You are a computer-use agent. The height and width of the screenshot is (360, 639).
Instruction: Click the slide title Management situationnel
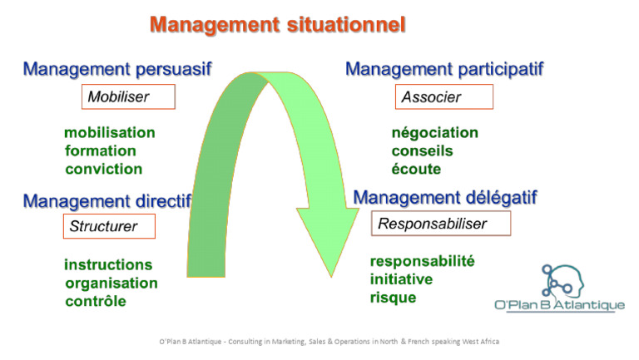tap(277, 25)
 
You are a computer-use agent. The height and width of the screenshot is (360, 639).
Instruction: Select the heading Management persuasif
tap(117, 69)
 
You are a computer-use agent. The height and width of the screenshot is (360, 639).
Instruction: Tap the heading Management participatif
tap(444, 69)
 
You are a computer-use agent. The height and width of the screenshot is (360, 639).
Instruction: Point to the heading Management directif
tap(107, 200)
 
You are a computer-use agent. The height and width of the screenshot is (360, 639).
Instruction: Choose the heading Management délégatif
tap(445, 198)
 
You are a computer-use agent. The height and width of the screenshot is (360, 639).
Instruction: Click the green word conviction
tap(104, 169)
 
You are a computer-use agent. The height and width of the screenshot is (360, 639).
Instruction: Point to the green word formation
tap(101, 150)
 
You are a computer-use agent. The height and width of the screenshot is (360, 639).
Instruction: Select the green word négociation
tap(435, 133)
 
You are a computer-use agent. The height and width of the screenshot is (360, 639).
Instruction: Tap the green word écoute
tap(416, 169)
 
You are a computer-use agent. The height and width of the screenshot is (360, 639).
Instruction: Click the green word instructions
tap(108, 265)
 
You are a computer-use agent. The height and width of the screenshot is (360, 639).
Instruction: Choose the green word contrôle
tap(96, 301)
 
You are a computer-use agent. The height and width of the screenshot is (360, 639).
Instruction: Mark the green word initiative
tap(402, 279)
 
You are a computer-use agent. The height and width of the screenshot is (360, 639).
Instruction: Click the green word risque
tap(394, 298)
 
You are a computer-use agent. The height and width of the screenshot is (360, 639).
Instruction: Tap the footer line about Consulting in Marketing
tap(329, 342)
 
